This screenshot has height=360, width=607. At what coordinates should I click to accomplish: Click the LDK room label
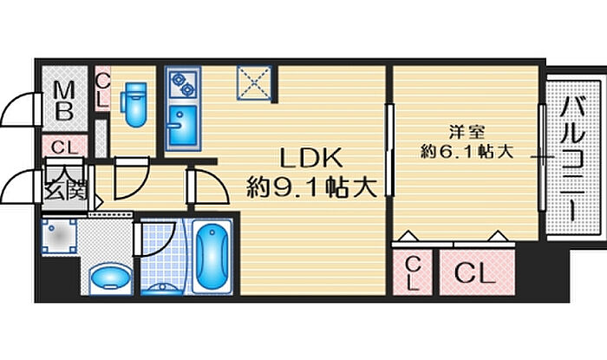(310, 158)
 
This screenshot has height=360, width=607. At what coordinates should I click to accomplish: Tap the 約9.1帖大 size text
(311, 187)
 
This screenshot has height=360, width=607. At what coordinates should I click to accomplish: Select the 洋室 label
(467, 132)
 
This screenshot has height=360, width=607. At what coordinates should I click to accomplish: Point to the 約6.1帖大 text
(467, 151)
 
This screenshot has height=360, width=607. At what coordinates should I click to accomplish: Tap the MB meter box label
(64, 101)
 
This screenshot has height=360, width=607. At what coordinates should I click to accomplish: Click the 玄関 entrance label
(65, 190)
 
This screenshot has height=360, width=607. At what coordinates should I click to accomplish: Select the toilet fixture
(134, 104)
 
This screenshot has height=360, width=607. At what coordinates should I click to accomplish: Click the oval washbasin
(110, 278)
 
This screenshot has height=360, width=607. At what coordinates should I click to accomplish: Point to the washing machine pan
(59, 236)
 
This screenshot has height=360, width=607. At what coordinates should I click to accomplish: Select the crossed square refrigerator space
(254, 82)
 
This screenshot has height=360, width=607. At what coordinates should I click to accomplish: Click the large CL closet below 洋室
(477, 272)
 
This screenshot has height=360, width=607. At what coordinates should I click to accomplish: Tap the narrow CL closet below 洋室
(412, 272)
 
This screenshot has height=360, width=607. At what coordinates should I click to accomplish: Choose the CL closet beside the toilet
(102, 89)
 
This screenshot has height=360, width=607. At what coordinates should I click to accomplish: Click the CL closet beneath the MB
(65, 147)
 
